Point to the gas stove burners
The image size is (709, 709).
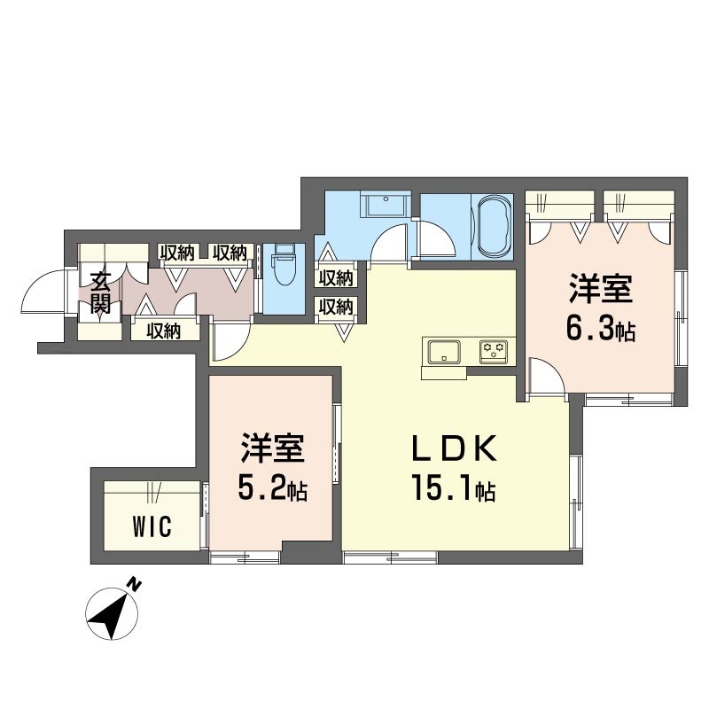(494, 350)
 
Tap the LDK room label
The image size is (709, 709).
(454, 448)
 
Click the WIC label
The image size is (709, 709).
(152, 526)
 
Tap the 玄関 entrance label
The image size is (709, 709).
(100, 292)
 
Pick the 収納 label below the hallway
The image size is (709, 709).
(163, 331)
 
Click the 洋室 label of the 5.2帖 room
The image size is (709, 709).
(273, 448)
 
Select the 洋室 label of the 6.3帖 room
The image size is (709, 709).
(601, 289)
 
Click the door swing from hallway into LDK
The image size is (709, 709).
(230, 340)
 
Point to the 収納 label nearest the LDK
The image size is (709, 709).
(336, 308)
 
